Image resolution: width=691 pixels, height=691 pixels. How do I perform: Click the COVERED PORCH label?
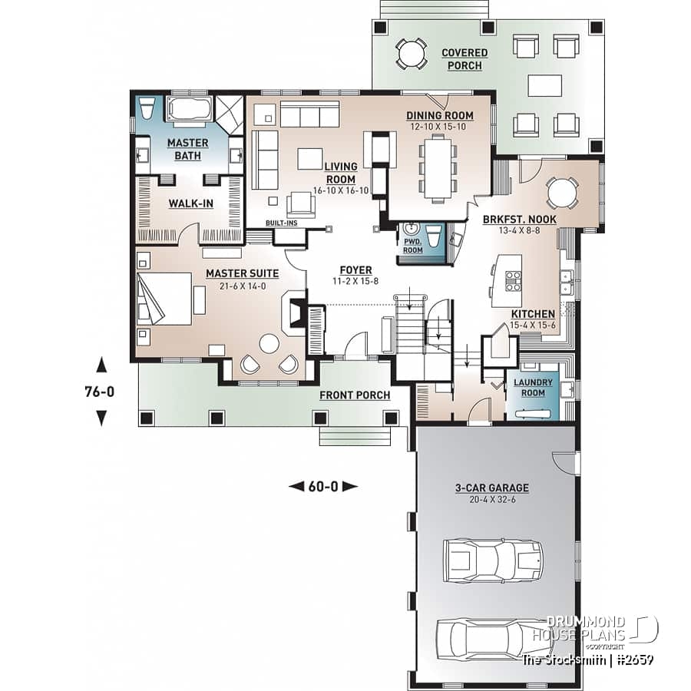[x=464, y=59]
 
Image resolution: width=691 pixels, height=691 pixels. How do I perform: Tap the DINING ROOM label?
[x=440, y=116]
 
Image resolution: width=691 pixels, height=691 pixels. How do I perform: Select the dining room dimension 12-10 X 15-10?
[x=440, y=127]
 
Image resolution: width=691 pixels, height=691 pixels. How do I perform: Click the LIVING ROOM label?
[x=339, y=173]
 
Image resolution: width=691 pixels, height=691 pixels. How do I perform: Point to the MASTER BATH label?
[x=187, y=149]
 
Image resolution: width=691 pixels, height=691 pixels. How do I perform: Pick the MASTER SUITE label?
[x=242, y=273]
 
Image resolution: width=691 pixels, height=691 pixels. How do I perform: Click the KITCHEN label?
[x=533, y=314]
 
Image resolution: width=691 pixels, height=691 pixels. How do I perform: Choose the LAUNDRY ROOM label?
[x=534, y=388]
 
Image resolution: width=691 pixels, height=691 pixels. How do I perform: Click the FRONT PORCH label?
[x=355, y=395]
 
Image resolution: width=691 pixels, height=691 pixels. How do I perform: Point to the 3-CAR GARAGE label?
[x=493, y=488]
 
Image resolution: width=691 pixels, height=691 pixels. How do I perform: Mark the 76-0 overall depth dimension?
[x=100, y=391]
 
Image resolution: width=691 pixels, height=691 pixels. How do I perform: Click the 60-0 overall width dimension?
[x=323, y=485]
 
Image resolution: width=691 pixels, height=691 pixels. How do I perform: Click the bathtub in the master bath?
[x=189, y=108]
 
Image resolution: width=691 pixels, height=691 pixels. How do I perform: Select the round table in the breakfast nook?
[x=562, y=193]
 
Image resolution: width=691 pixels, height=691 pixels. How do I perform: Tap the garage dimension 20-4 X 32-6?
[x=493, y=499]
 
